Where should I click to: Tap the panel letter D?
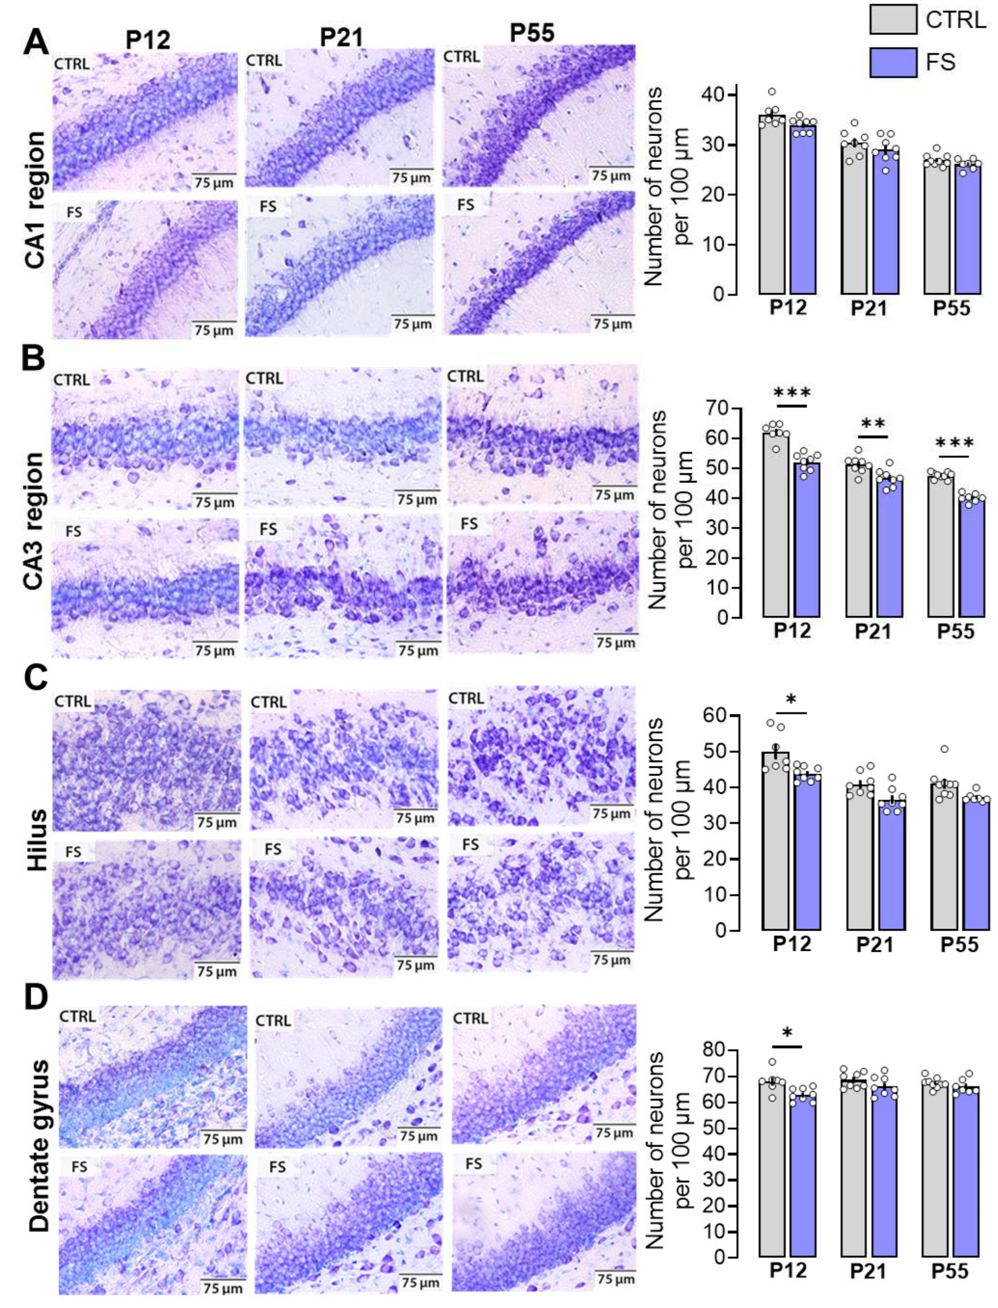pyautogui.click(x=36, y=997)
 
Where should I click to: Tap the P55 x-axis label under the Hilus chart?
pyautogui.click(x=958, y=945)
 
